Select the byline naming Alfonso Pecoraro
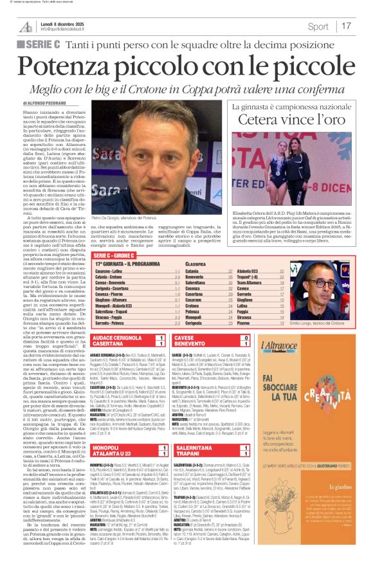point(46,103)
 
